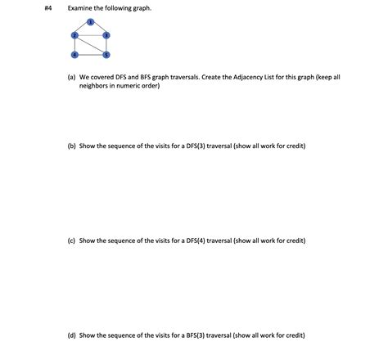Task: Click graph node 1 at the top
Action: [x=90, y=21]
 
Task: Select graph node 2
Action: [x=74, y=35]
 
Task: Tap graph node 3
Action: [x=106, y=35]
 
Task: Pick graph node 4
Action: [x=74, y=54]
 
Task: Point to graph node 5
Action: [x=106, y=54]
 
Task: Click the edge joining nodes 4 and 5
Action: [x=90, y=54]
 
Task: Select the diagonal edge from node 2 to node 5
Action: [x=90, y=44]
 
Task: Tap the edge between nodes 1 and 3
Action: [x=99, y=29]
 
